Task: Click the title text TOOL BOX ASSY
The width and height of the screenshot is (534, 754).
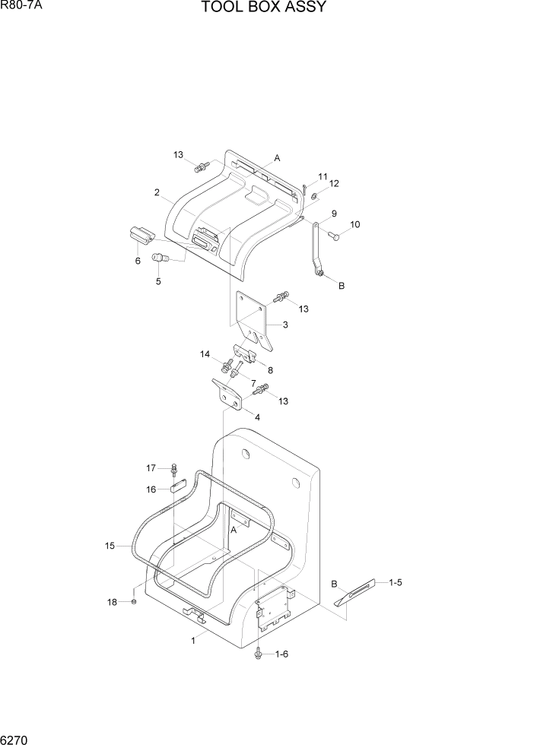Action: (x=264, y=8)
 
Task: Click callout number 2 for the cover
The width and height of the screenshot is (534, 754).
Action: (x=157, y=193)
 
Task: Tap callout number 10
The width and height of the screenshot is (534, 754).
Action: (x=354, y=225)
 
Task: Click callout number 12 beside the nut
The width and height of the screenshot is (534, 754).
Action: (x=333, y=183)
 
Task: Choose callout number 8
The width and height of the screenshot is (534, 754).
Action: (x=270, y=370)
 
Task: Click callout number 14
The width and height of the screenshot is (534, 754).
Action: (x=205, y=354)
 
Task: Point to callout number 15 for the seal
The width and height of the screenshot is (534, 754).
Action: (x=110, y=545)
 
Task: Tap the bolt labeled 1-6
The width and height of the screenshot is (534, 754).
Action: (x=260, y=652)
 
